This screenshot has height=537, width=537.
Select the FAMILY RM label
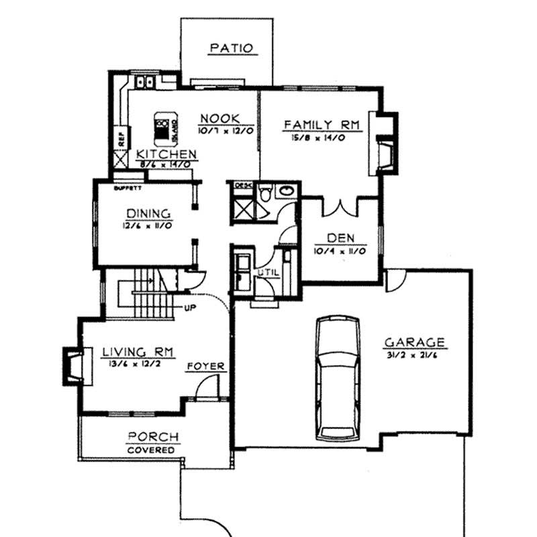[322, 124]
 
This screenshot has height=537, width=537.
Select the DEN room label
[342, 238]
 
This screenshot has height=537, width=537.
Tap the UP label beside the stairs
[190, 308]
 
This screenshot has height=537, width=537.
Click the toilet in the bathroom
[266, 193]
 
